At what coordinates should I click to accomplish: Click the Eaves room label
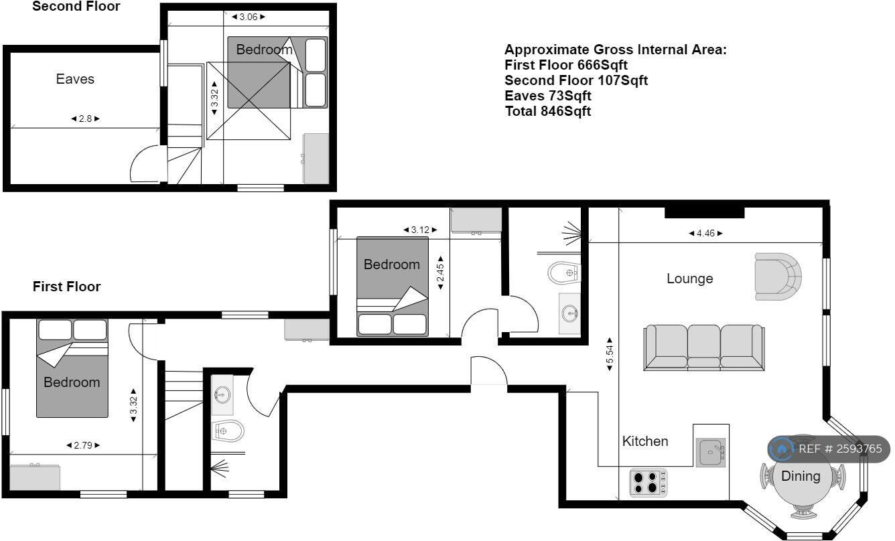pos(75,79)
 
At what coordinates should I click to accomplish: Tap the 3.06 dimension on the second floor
pos(248,17)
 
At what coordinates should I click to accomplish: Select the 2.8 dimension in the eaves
pos(85,119)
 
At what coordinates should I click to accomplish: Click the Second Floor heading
pos(76,6)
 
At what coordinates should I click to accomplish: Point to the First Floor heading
pos(66,287)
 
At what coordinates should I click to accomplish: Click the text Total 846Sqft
pos(547,111)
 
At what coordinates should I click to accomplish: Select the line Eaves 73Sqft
pos(547,96)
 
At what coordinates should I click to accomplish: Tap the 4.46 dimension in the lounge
pos(705,233)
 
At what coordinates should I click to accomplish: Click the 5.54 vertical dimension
pos(610,354)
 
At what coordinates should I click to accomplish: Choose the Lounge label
pos(689,279)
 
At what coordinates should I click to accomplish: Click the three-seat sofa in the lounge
pos(704,347)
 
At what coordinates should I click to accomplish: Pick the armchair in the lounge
pos(778,277)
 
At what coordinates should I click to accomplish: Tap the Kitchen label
pos(645,441)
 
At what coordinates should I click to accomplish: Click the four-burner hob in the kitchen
pos(648,482)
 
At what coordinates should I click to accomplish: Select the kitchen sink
pos(710,453)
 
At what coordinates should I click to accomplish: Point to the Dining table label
pos(801,476)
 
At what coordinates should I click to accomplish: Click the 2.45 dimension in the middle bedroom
pos(440,273)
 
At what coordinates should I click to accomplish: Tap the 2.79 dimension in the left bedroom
pos(83,445)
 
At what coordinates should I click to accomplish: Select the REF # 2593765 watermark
pos(829,449)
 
